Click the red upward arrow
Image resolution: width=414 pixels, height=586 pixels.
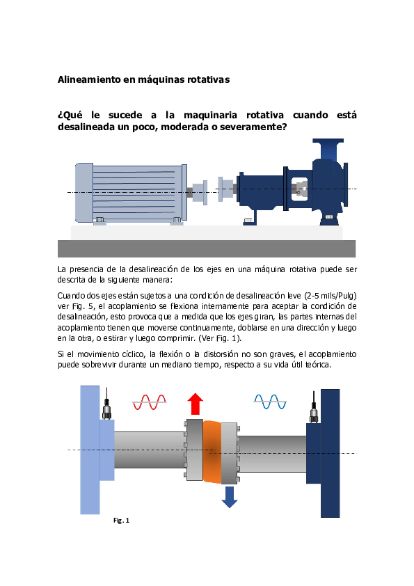[x=196, y=404]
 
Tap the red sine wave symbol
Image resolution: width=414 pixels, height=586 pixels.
[x=150, y=402]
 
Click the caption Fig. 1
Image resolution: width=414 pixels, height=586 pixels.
[x=121, y=520]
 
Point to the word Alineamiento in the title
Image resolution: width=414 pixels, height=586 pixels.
[x=88, y=80]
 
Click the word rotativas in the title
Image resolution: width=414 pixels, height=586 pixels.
[x=207, y=80]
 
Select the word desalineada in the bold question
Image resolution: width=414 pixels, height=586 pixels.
[x=87, y=127]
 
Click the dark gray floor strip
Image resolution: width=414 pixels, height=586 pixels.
[x=207, y=248]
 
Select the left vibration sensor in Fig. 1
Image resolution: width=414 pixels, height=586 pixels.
[x=106, y=411]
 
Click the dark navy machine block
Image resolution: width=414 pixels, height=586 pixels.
[x=329, y=452]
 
